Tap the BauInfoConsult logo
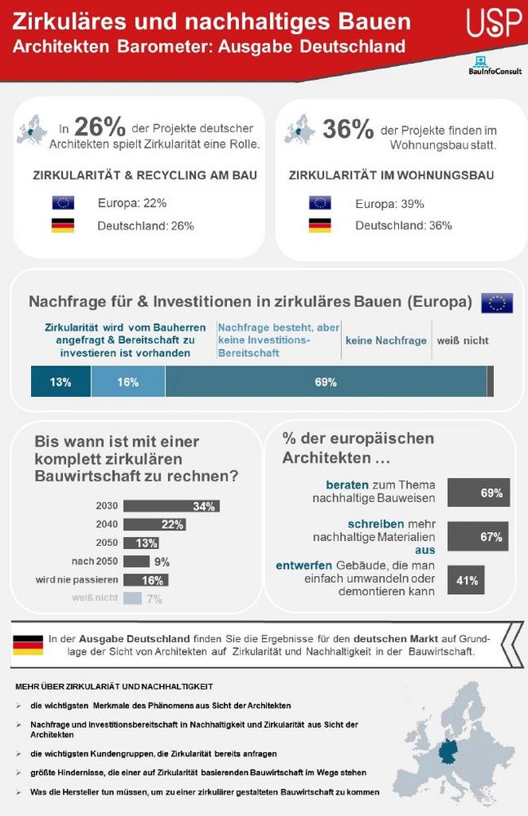click(495, 66)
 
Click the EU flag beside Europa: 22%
click(63, 202)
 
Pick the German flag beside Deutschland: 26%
click(63, 226)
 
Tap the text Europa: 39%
click(389, 203)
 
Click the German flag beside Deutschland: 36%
click(320, 225)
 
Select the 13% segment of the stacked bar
click(60, 382)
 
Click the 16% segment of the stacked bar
click(128, 382)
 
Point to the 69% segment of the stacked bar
click(326, 382)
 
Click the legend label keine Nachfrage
click(386, 340)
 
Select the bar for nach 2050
click(137, 561)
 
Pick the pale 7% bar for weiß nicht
click(133, 598)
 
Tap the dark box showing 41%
click(466, 580)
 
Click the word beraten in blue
click(347, 484)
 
